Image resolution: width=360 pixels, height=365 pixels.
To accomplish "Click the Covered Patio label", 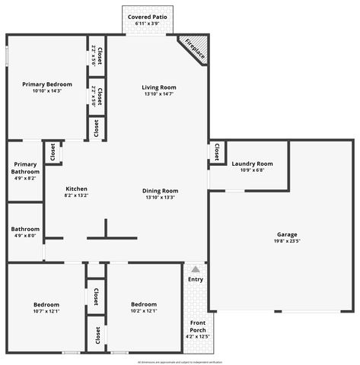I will [x=148, y=16].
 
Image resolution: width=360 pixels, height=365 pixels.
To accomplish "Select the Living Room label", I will [x=159, y=87].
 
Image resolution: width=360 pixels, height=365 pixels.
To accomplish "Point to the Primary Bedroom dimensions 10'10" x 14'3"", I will [x=47, y=90].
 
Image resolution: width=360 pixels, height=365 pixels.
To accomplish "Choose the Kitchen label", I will [x=76, y=189].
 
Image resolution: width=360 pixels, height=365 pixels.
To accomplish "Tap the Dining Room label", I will [x=160, y=190].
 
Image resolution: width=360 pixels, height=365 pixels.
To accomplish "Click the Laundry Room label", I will [x=251, y=163].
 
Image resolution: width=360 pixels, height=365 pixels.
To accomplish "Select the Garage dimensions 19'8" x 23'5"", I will [x=287, y=241].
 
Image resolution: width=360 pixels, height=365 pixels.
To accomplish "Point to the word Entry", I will [x=196, y=279].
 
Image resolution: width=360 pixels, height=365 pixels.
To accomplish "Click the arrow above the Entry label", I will [x=196, y=269].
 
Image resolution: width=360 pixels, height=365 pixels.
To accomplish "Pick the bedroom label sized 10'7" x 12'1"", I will [x=46, y=304].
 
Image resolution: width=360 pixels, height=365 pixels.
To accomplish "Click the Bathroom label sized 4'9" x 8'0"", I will [x=25, y=229].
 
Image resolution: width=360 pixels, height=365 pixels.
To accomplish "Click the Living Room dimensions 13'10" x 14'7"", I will [x=159, y=94].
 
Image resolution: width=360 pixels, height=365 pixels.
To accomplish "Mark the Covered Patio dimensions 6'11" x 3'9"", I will [x=148, y=24].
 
